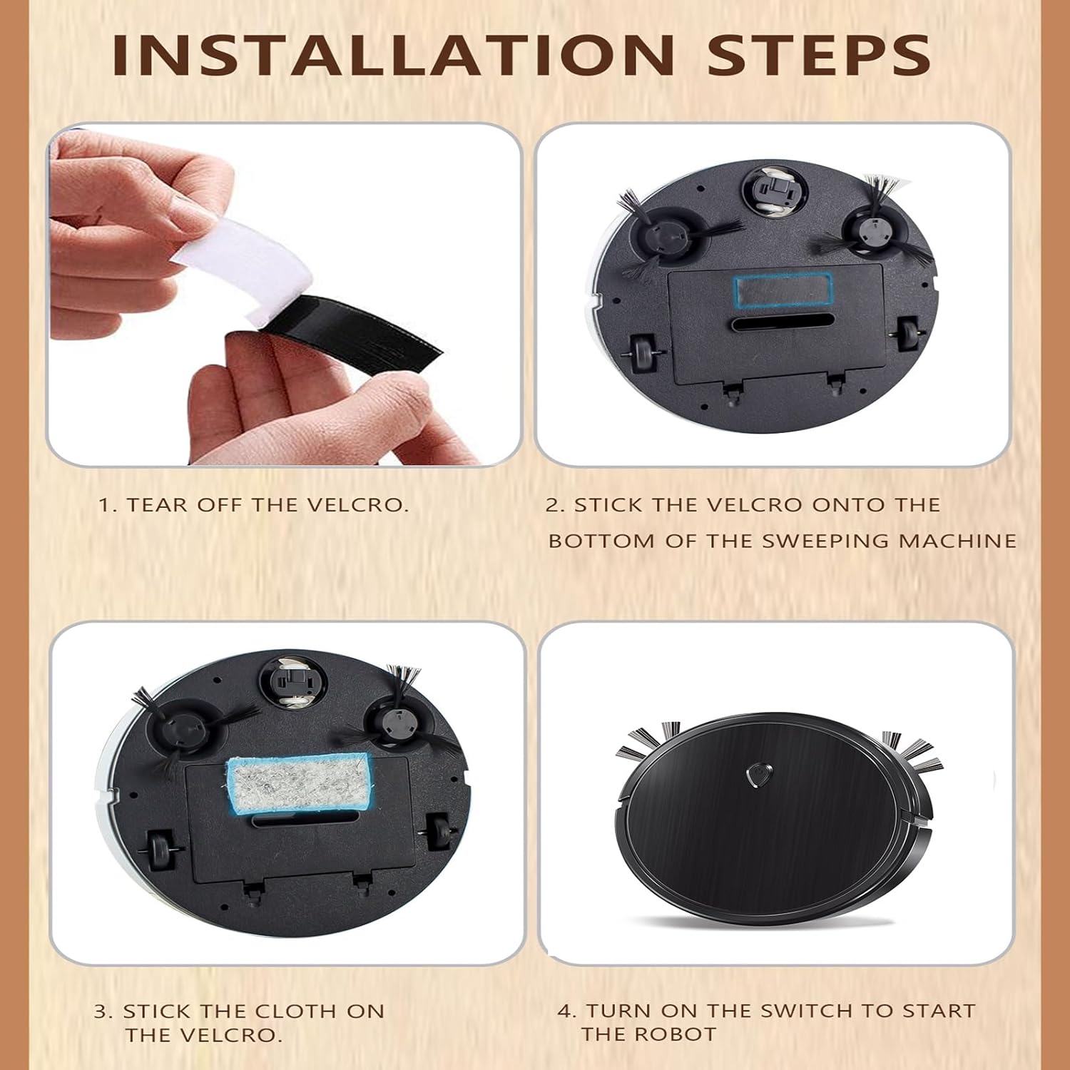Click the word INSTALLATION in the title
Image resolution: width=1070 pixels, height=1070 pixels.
click(394, 55)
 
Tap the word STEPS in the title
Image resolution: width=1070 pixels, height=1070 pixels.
click(818, 55)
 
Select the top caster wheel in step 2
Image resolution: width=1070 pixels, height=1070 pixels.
click(775, 190)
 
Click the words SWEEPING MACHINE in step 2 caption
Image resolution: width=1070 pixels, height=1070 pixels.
click(889, 541)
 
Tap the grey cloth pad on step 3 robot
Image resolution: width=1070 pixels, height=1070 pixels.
click(298, 783)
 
